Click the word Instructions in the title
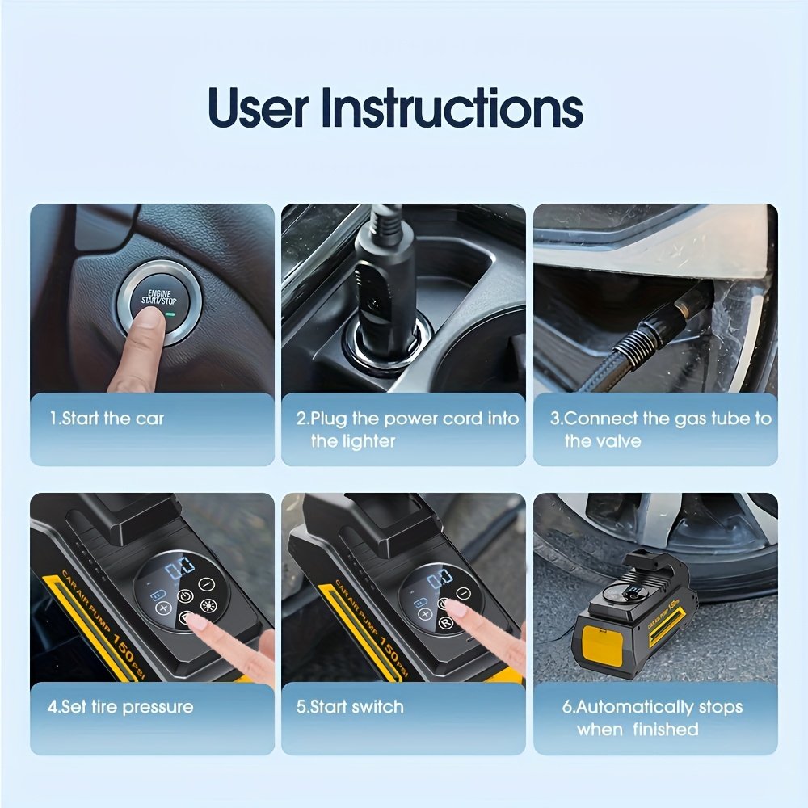tap(452, 108)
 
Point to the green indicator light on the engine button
tap(170, 314)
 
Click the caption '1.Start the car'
tap(107, 419)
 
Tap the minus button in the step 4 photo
tap(206, 584)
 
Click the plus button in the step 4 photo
tap(163, 608)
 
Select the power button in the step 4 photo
tap(185, 597)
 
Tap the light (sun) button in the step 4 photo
tap(208, 605)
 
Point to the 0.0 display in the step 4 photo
tap(180, 568)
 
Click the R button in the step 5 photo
tap(445, 624)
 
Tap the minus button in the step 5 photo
tap(464, 593)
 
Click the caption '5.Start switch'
tap(350, 706)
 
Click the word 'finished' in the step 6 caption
tap(666, 729)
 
